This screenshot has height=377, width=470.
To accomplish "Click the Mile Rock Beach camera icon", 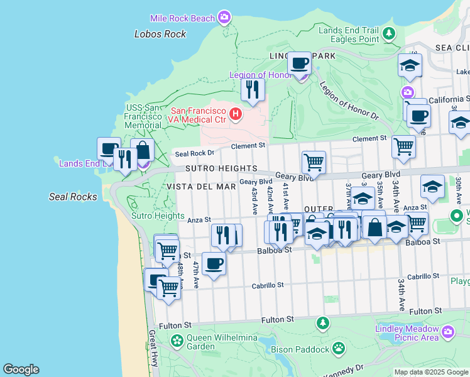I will pyautogui.click(x=224, y=18).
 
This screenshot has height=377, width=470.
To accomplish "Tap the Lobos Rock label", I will pyautogui.click(x=160, y=34).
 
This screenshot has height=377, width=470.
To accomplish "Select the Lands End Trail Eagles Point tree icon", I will pyautogui.click(x=390, y=33).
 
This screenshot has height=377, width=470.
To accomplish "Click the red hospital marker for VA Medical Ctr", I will pyautogui.click(x=236, y=114).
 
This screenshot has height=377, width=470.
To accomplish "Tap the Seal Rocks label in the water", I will pyautogui.click(x=73, y=197).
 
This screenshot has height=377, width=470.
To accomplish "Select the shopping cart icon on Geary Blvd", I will pyautogui.click(x=313, y=162).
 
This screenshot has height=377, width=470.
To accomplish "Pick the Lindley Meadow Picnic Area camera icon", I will pyautogui.click(x=447, y=331).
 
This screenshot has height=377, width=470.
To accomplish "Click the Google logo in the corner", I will pyautogui.click(x=21, y=369).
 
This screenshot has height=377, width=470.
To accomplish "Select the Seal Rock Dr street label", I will pyautogui.click(x=194, y=153).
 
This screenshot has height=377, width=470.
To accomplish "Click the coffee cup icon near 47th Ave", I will pyautogui.click(x=214, y=264).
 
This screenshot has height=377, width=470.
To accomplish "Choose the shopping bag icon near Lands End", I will pyautogui.click(x=143, y=151).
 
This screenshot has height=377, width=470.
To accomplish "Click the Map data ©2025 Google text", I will pyautogui.click(x=430, y=372).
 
